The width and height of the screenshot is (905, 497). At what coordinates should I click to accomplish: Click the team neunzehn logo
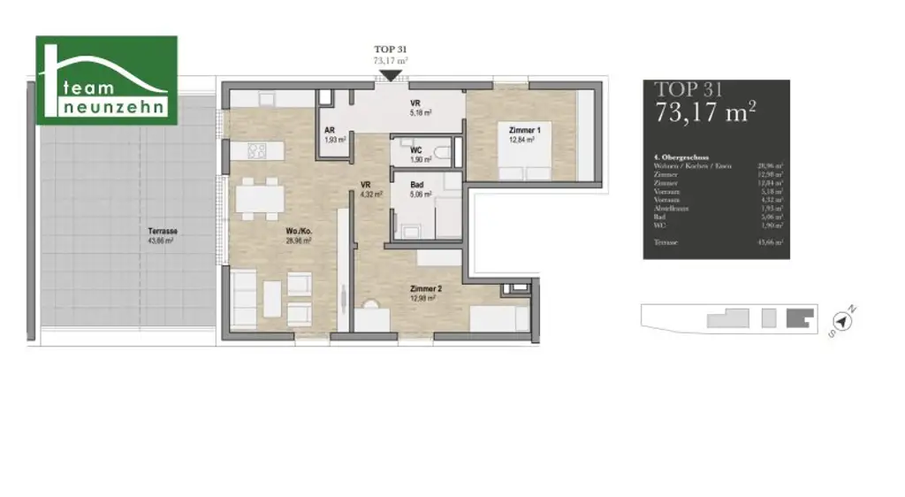click(106, 80)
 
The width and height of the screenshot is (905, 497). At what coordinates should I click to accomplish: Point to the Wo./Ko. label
click(297, 233)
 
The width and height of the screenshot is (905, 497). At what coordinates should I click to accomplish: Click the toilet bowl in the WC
click(441, 152)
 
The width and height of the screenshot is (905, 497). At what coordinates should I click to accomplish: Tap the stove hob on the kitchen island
click(258, 151)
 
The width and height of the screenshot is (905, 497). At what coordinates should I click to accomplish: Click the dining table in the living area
click(260, 197)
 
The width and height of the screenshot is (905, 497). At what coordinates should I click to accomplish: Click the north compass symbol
click(841, 323)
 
